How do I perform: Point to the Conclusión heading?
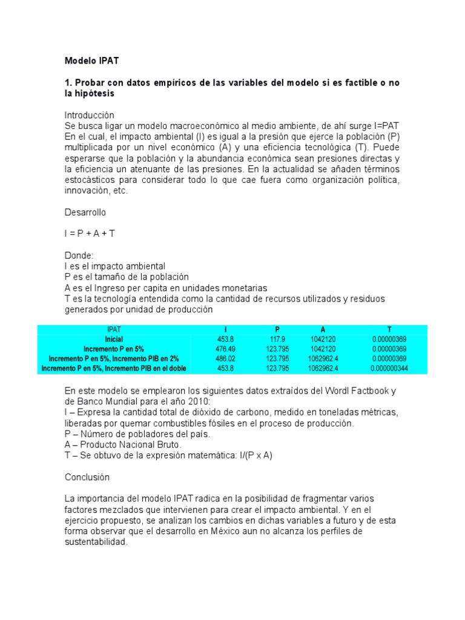coord(87,477)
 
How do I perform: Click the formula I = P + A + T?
coord(90,234)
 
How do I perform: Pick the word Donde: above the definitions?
coord(79,256)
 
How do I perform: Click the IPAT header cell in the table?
coord(114,329)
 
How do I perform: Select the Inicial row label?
coord(114,339)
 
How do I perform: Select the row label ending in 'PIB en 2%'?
coord(114,358)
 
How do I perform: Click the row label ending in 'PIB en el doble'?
coord(114,368)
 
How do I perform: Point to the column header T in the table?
coord(389,329)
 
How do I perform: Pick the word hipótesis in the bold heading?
coord(94,94)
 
